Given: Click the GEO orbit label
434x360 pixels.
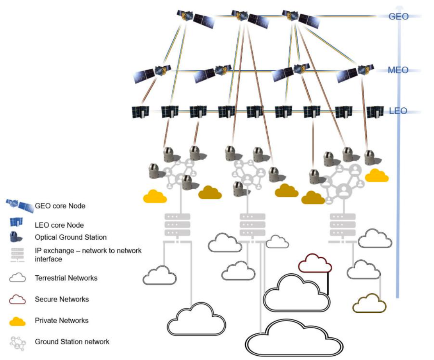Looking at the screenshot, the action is [399, 16].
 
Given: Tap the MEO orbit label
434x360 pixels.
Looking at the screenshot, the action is [398, 70].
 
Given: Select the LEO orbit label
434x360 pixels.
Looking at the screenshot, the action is [398, 111].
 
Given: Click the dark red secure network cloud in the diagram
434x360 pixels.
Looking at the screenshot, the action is [315, 263].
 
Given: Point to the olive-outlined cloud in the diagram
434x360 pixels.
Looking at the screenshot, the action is [370, 303].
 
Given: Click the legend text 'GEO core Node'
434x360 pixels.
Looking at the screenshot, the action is [60, 206].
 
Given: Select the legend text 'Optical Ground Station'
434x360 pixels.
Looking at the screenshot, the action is [71, 237].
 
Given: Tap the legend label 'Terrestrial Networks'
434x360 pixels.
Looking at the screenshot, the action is [66, 278].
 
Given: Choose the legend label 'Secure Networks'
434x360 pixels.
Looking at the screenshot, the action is [62, 299].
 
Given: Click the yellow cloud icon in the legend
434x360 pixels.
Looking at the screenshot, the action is [17, 321].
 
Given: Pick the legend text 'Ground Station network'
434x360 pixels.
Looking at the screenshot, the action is [72, 342].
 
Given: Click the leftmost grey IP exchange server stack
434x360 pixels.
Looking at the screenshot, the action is [177, 225].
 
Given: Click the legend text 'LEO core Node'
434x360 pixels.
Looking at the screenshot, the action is [59, 225].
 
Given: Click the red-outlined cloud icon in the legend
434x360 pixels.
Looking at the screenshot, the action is [17, 300].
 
